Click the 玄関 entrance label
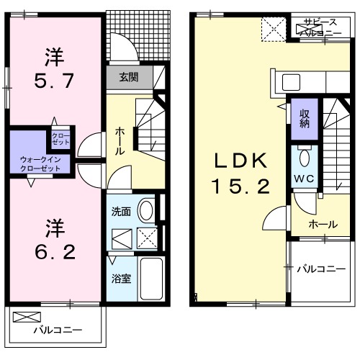point(129,76)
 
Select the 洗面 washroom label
point(120,212)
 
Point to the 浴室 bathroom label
point(120,278)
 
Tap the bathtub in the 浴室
point(148,278)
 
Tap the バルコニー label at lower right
point(321,269)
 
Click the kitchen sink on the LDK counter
point(294,80)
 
